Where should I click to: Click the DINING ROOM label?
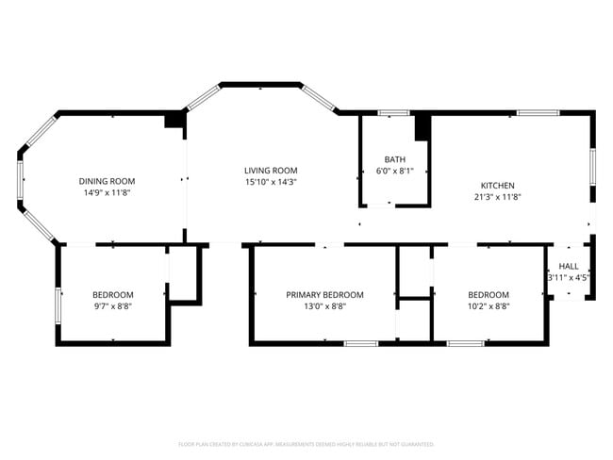(107, 181)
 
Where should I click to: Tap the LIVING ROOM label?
(271, 171)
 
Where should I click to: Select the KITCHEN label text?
(497, 186)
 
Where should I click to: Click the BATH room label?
(394, 159)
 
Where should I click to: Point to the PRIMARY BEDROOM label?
(324, 294)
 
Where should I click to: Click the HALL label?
(569, 267)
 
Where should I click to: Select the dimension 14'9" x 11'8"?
(107, 193)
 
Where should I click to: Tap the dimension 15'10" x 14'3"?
(271, 183)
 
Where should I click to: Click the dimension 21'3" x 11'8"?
(497, 198)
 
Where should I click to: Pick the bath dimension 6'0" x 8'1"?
(394, 172)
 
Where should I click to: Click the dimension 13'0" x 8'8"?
(324, 306)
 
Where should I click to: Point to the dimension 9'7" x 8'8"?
(112, 306)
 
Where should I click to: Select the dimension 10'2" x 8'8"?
(489, 306)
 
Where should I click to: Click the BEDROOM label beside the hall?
(489, 294)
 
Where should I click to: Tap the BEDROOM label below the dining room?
(112, 294)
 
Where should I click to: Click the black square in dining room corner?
(174, 120)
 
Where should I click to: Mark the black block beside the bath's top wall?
(422, 125)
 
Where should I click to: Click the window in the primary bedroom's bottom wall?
(359, 343)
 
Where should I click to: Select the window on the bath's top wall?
(391, 113)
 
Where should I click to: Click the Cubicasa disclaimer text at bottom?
(306, 443)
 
